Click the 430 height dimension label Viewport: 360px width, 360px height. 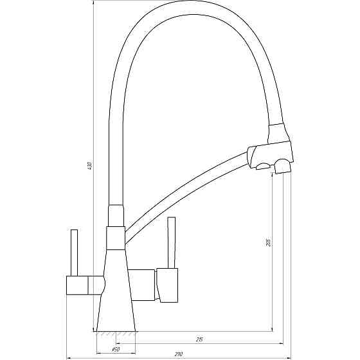point(89,166)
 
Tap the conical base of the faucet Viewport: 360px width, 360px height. point(116,302)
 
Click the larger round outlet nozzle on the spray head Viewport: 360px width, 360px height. point(282,167)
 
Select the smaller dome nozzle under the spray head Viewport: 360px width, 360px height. point(263,167)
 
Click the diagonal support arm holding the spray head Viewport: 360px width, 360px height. point(186,193)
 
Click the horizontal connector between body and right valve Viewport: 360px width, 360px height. point(143,283)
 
